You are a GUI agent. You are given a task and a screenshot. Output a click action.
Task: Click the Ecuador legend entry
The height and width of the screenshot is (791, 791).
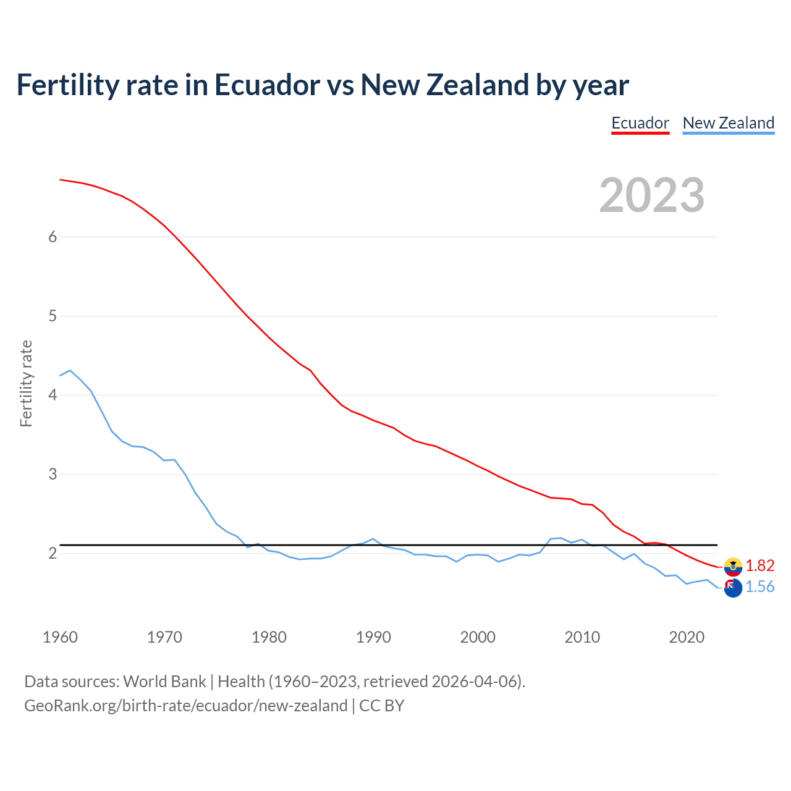click(640, 123)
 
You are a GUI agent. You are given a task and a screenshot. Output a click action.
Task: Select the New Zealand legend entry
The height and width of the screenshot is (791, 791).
click(729, 123)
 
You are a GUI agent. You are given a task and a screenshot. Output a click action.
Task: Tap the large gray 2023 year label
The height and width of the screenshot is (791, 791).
click(652, 195)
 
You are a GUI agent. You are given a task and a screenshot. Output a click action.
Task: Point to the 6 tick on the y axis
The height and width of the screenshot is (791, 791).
click(53, 237)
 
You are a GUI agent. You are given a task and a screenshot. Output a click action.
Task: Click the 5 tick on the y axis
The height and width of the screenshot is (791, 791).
click(53, 316)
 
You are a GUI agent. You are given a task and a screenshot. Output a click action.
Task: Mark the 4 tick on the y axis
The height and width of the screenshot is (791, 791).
click(53, 395)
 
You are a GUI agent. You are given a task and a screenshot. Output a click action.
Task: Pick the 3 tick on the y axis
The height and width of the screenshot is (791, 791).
click(53, 474)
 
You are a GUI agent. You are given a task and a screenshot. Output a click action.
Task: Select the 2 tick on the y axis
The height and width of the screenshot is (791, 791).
click(53, 553)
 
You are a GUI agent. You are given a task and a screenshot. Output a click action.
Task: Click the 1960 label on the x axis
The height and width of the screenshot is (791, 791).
click(60, 637)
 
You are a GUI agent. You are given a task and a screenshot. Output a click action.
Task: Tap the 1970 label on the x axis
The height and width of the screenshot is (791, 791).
click(164, 637)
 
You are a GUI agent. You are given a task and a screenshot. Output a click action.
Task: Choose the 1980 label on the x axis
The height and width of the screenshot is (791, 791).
click(269, 637)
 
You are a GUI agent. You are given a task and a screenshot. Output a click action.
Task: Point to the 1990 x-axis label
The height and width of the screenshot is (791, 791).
click(373, 637)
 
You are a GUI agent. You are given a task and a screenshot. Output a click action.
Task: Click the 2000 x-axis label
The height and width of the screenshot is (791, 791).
click(478, 637)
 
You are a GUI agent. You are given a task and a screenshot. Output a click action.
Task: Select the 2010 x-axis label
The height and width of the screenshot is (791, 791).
click(582, 637)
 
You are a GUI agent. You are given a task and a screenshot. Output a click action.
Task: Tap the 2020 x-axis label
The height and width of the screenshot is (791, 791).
click(687, 637)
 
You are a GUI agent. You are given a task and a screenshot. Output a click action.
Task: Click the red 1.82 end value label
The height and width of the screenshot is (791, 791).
click(759, 565)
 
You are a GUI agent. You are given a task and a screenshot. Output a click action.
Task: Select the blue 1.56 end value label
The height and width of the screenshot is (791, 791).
click(759, 586)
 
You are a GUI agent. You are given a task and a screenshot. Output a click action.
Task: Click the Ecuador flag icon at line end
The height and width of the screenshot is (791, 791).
click(733, 565)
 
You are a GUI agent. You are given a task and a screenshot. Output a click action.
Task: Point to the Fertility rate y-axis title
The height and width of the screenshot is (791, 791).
click(26, 383)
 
